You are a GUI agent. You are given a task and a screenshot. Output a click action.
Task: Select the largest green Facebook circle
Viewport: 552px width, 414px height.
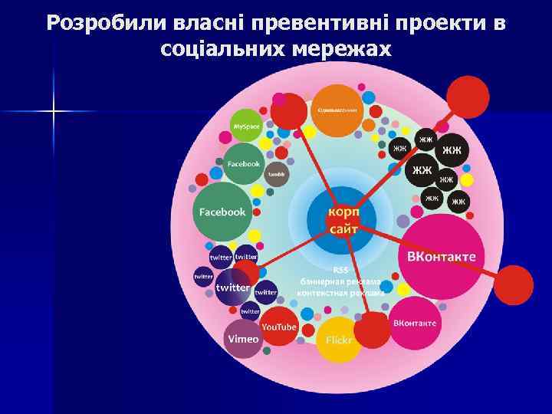pos(222,211)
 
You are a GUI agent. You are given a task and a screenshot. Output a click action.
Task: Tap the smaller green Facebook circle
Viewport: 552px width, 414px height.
pos(243,163)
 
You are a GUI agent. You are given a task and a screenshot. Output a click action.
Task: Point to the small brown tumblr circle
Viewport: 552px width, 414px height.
pos(276,175)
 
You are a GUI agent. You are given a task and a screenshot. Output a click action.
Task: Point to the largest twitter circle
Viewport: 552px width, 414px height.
pos(232,287)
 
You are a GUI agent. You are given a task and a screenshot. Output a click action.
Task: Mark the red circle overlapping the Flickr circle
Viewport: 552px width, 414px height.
pos(372,330)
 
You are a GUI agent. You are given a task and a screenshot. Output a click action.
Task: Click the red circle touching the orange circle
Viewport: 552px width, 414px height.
pos(289,111)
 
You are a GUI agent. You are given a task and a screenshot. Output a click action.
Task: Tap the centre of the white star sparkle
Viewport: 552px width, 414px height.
pos(54,112)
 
